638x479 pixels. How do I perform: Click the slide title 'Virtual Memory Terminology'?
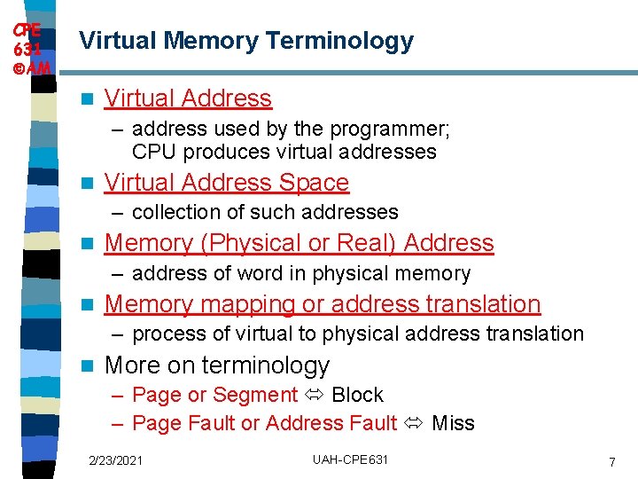tap(246, 41)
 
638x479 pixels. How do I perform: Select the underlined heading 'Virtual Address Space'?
tap(227, 183)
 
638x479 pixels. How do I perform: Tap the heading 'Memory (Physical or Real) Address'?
tap(299, 243)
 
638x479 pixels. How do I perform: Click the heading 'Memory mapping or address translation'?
tap(322, 304)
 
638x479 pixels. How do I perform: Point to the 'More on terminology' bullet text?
tap(216, 365)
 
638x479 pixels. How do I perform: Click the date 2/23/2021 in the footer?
tap(115, 459)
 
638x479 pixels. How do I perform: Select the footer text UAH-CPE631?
tap(350, 459)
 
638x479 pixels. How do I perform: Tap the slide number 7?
tap(611, 462)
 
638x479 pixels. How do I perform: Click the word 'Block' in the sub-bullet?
tap(357, 395)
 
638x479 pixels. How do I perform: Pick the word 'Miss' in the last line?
tap(453, 423)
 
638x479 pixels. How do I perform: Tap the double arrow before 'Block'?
tap(315, 395)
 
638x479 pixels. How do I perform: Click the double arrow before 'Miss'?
tap(414, 423)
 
